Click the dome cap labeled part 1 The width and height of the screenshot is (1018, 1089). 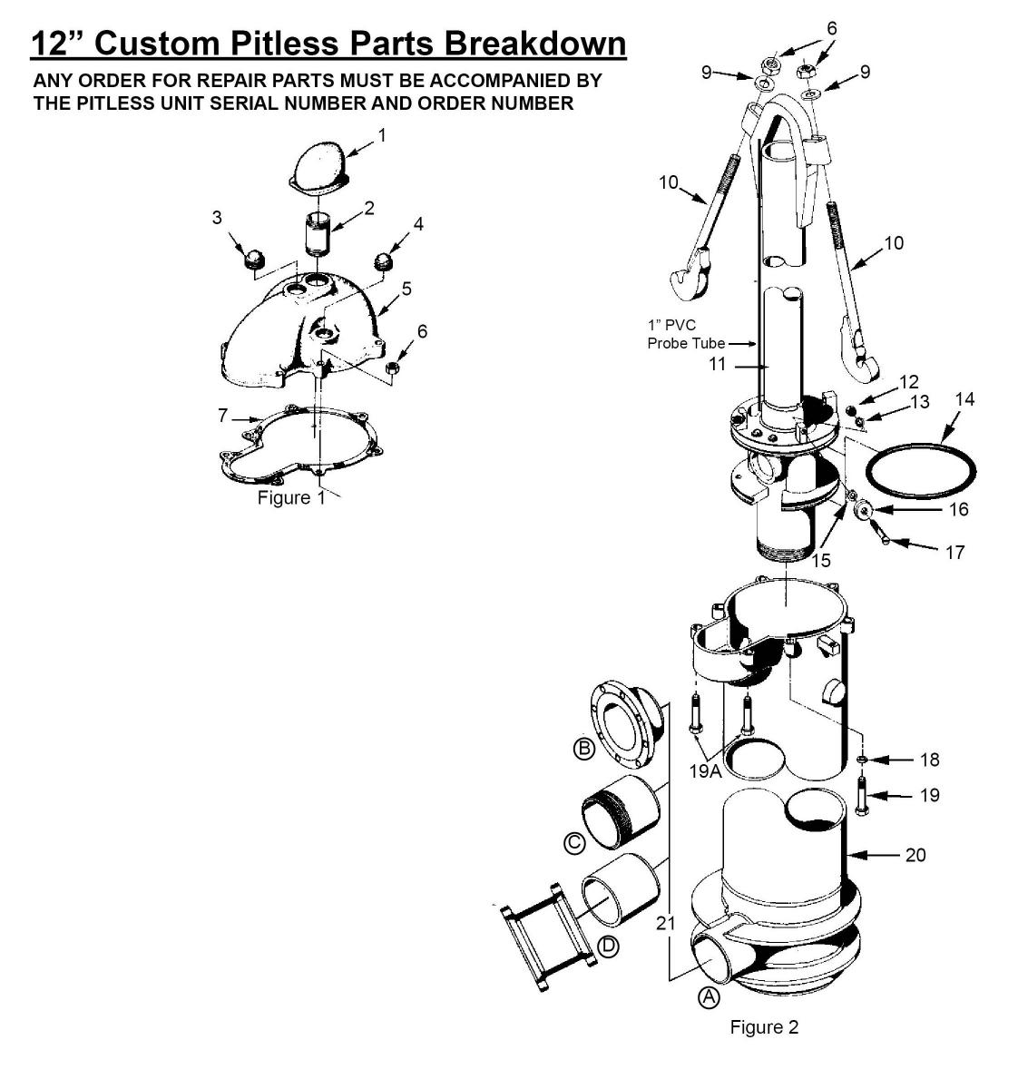coord(319,167)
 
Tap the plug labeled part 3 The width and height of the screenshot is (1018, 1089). coord(254,259)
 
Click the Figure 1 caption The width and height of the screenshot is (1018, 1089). coord(290,497)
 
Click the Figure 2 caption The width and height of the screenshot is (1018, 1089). coord(764,1026)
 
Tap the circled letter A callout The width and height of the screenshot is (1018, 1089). coord(709,997)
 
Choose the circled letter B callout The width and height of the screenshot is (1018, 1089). coord(584,748)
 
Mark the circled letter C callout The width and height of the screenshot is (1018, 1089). coord(574,843)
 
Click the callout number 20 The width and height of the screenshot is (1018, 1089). coord(915,855)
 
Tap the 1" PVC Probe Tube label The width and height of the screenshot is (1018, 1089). coord(686,334)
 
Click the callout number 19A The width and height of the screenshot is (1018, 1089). coord(705,770)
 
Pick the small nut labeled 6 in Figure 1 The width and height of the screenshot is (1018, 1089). coord(392,367)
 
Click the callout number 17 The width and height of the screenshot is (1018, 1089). coord(954,552)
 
